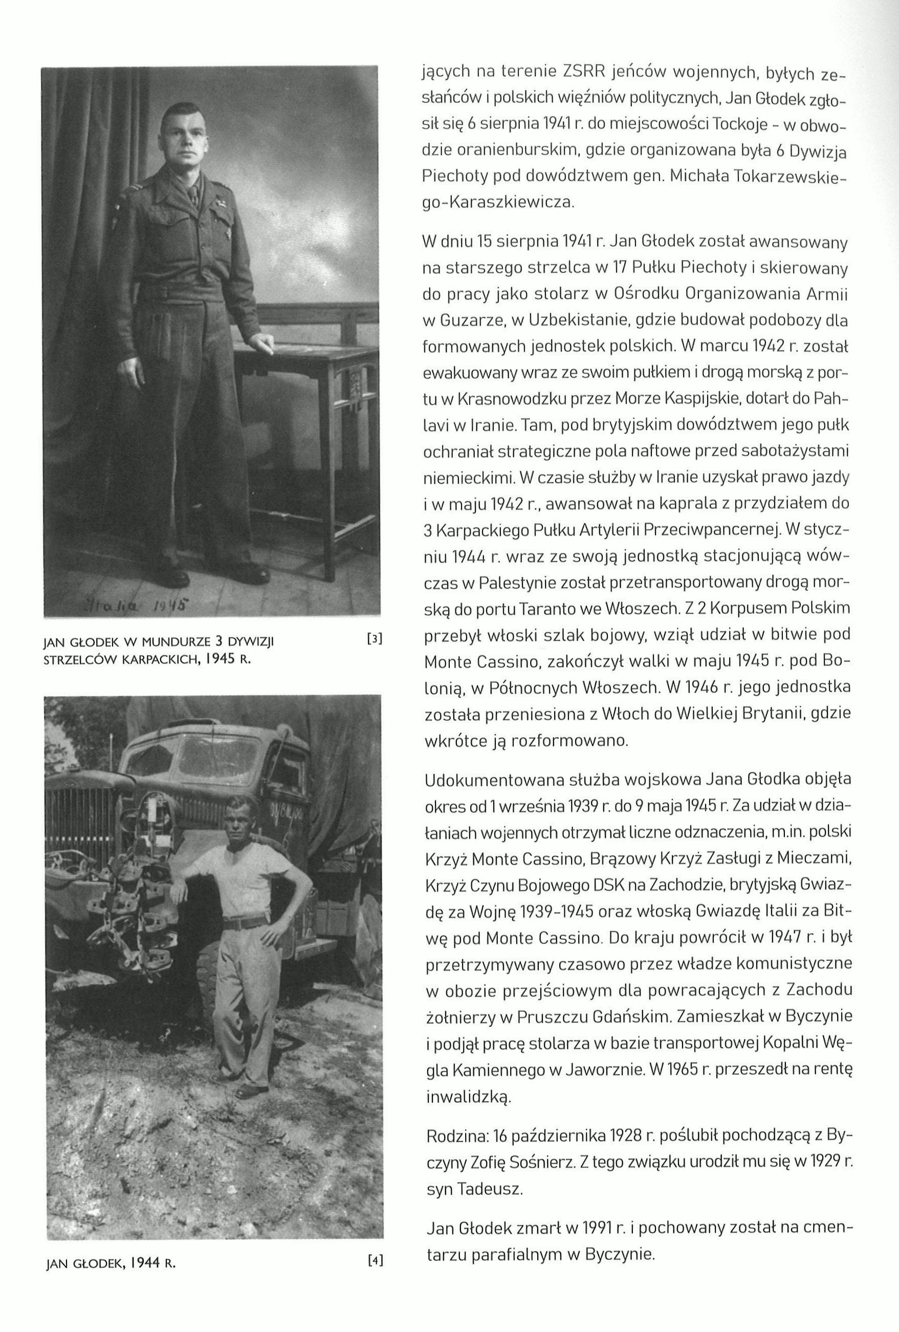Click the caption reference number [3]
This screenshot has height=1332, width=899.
[374, 639]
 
